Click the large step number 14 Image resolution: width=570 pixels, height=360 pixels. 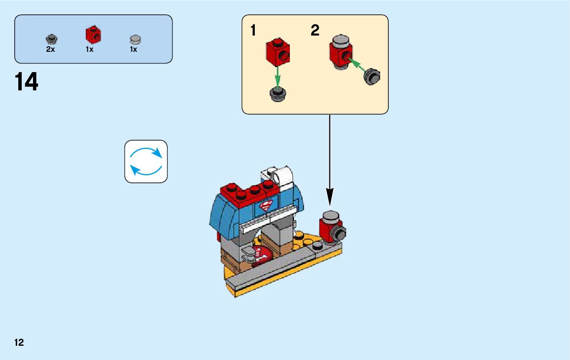pyautogui.click(x=27, y=82)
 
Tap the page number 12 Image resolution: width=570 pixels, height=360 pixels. pyautogui.click(x=19, y=343)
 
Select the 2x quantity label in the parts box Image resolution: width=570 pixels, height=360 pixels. pyautogui.click(x=50, y=50)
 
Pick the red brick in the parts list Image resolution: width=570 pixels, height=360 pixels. pyautogui.click(x=93, y=35)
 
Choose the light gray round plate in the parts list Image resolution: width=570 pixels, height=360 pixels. pyautogui.click(x=135, y=39)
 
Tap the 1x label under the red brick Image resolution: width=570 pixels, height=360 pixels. pyautogui.click(x=90, y=50)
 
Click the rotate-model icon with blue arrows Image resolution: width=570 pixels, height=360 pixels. pyautogui.click(x=146, y=161)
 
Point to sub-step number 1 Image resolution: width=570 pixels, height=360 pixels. pyautogui.click(x=253, y=31)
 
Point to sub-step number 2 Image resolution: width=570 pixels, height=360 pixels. pyautogui.click(x=315, y=31)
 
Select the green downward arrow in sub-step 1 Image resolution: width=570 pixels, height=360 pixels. pyautogui.click(x=278, y=77)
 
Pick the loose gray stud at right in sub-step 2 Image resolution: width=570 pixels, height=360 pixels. pyautogui.click(x=373, y=76)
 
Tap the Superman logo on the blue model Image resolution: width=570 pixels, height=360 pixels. pyautogui.click(x=265, y=207)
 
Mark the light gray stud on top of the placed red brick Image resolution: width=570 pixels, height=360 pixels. pyautogui.click(x=330, y=215)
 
